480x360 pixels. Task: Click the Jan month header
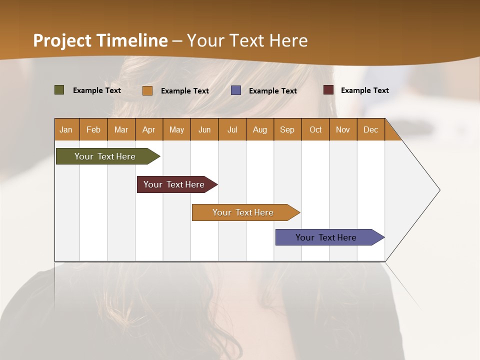coord(66,129)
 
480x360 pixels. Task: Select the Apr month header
coord(148,129)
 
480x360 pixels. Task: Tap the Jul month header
coord(232,129)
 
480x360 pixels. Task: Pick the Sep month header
coord(287,129)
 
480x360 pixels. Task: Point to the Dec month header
coord(370,129)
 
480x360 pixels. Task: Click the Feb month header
coord(93,129)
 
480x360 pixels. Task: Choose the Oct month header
coord(315,129)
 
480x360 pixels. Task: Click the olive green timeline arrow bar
coord(105,156)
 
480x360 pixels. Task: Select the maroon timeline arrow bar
coord(174,184)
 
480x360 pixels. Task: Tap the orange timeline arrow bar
coord(243,212)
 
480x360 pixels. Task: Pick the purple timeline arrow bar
coord(326,237)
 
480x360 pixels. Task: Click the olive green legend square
coord(59,90)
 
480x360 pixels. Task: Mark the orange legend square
coord(147,90)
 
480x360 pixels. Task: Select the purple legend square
coord(236,90)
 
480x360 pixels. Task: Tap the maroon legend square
coord(328,90)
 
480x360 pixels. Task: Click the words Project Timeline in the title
coord(100,40)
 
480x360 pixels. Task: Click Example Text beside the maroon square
coord(364,90)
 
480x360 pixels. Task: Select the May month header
coord(176,129)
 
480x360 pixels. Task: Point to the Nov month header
coord(343,129)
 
